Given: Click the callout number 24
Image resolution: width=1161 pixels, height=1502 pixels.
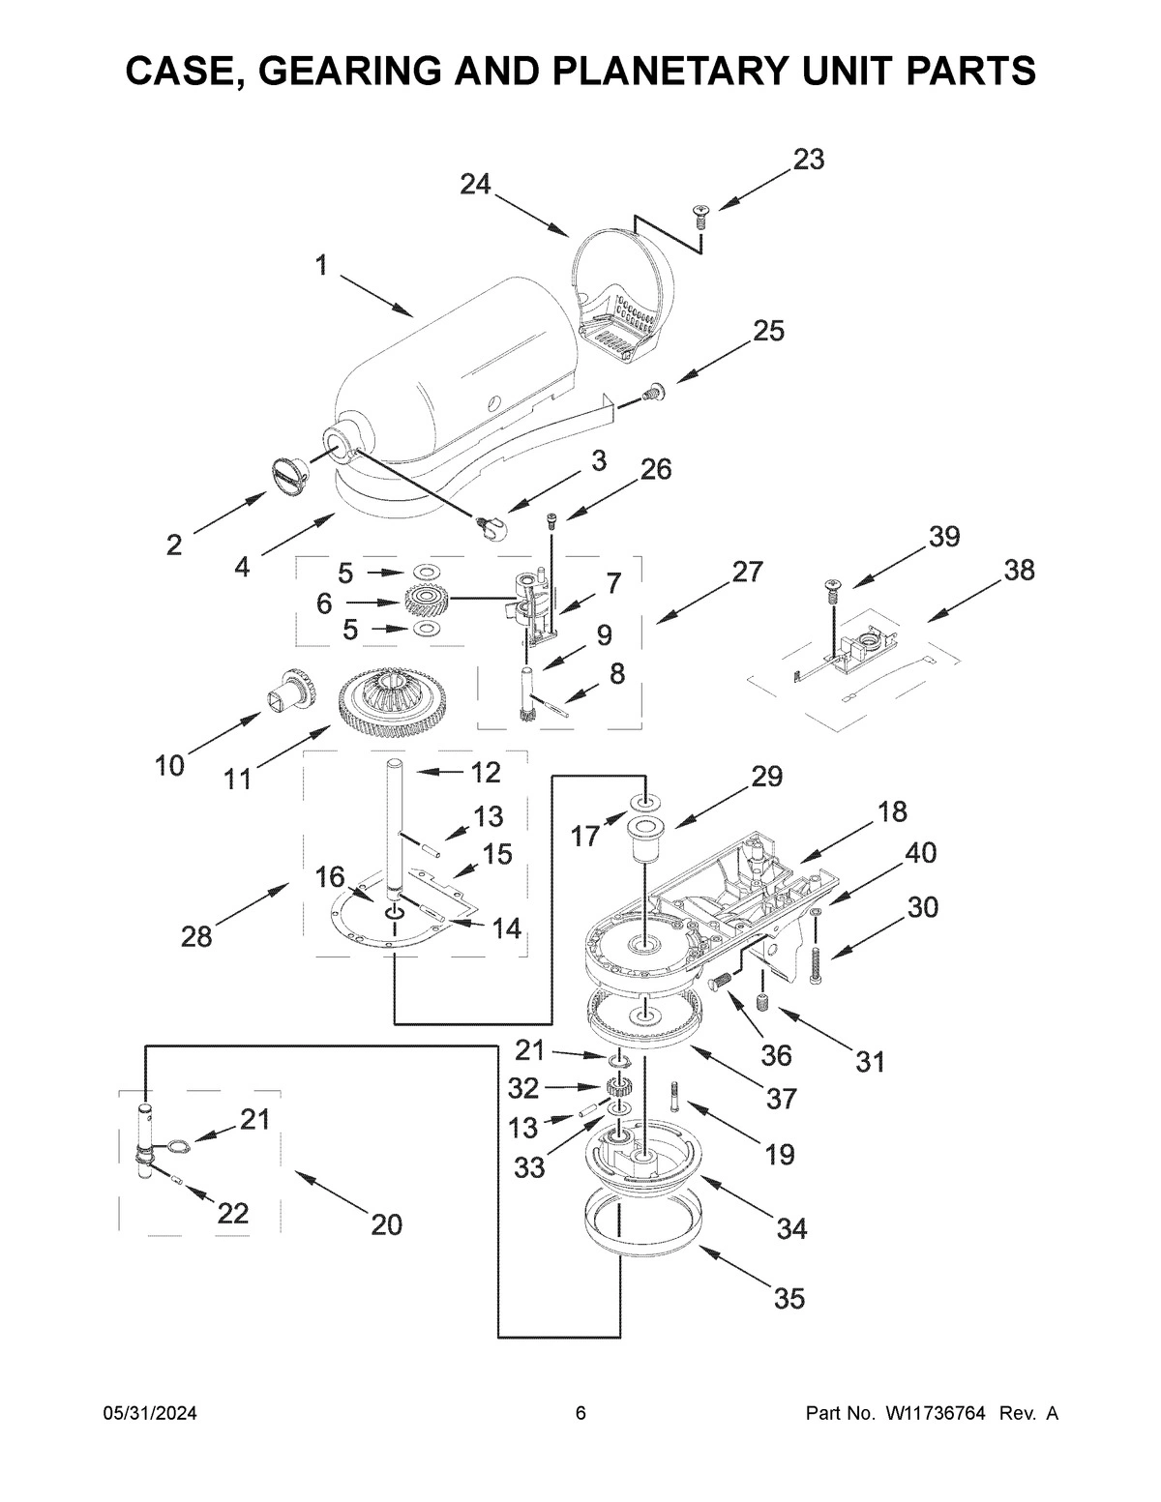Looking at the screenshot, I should click(x=475, y=184).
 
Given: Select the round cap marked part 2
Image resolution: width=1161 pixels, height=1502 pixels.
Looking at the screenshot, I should click(x=287, y=474).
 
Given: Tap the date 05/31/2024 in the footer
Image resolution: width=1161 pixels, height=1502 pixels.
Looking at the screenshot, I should click(x=150, y=1414).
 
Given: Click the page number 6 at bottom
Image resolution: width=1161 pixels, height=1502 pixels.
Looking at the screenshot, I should click(x=580, y=1414).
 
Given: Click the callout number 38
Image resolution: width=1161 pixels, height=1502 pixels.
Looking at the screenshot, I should click(x=1019, y=570).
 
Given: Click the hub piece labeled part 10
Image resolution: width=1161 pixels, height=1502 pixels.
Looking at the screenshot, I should click(x=292, y=691).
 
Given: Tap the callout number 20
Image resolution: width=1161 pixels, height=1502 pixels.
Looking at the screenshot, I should click(x=386, y=1224).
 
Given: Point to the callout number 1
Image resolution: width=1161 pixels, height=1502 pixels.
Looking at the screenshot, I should click(x=321, y=265).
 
